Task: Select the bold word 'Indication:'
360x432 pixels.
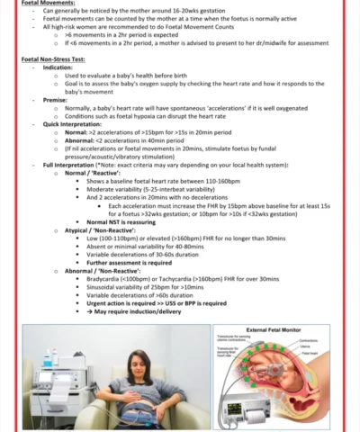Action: coord(59,67)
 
